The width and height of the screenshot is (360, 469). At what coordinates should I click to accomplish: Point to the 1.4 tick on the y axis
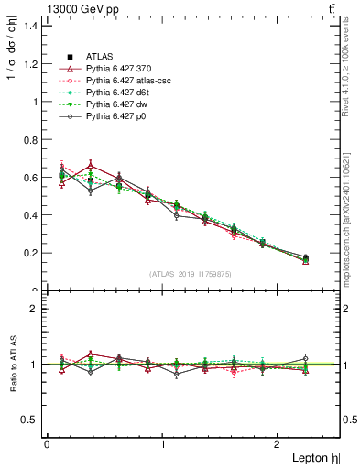(x=32, y=26)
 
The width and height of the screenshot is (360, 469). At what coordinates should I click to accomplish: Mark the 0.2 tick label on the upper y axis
(x=32, y=253)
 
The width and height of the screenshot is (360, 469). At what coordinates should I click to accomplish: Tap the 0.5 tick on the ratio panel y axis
(x=32, y=420)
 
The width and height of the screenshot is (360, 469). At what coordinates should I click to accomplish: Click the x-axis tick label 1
(x=163, y=444)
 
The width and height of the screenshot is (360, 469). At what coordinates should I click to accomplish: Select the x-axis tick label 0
(x=47, y=444)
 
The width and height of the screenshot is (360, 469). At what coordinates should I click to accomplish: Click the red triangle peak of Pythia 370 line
(x=90, y=166)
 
